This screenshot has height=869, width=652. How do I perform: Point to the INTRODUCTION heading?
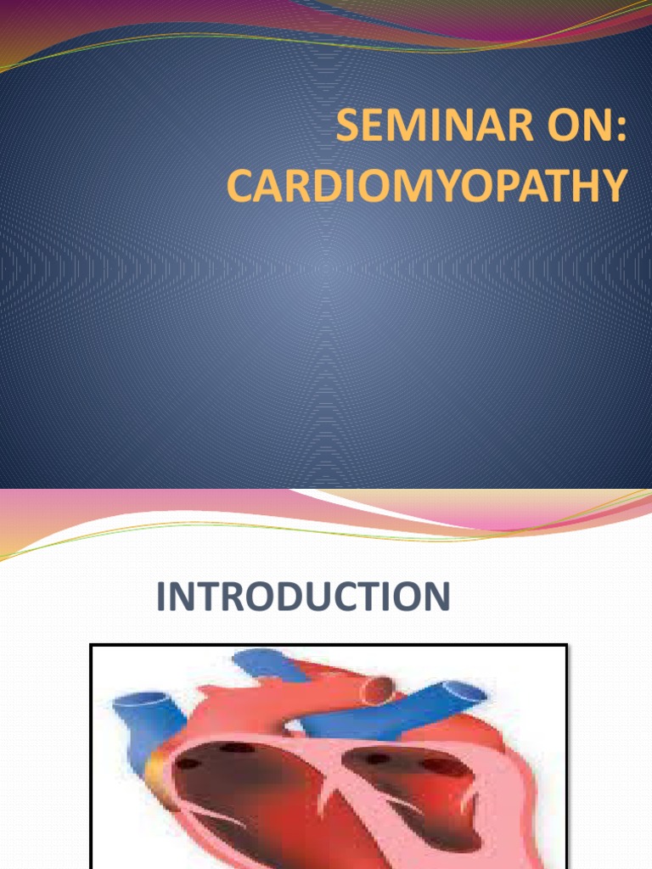[x=303, y=597]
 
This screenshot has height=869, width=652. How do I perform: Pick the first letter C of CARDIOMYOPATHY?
[x=240, y=187]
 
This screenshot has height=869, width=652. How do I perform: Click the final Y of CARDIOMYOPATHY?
[x=616, y=187]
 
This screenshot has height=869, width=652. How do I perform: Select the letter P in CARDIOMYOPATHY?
[x=497, y=187]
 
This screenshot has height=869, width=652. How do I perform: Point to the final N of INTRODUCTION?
[x=435, y=597]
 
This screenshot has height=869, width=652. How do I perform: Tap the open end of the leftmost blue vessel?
[x=129, y=704]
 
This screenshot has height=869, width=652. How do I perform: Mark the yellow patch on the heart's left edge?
[x=156, y=768]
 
